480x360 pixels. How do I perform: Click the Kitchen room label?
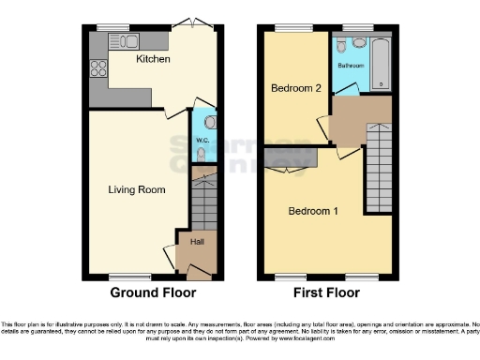click(x=154, y=59)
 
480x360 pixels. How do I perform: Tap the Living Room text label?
click(x=137, y=190)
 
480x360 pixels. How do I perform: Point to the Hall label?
click(x=197, y=242)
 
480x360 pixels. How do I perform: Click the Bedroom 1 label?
click(x=313, y=211)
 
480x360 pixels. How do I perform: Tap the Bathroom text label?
click(x=351, y=66)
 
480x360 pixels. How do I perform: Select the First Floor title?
click(x=327, y=292)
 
